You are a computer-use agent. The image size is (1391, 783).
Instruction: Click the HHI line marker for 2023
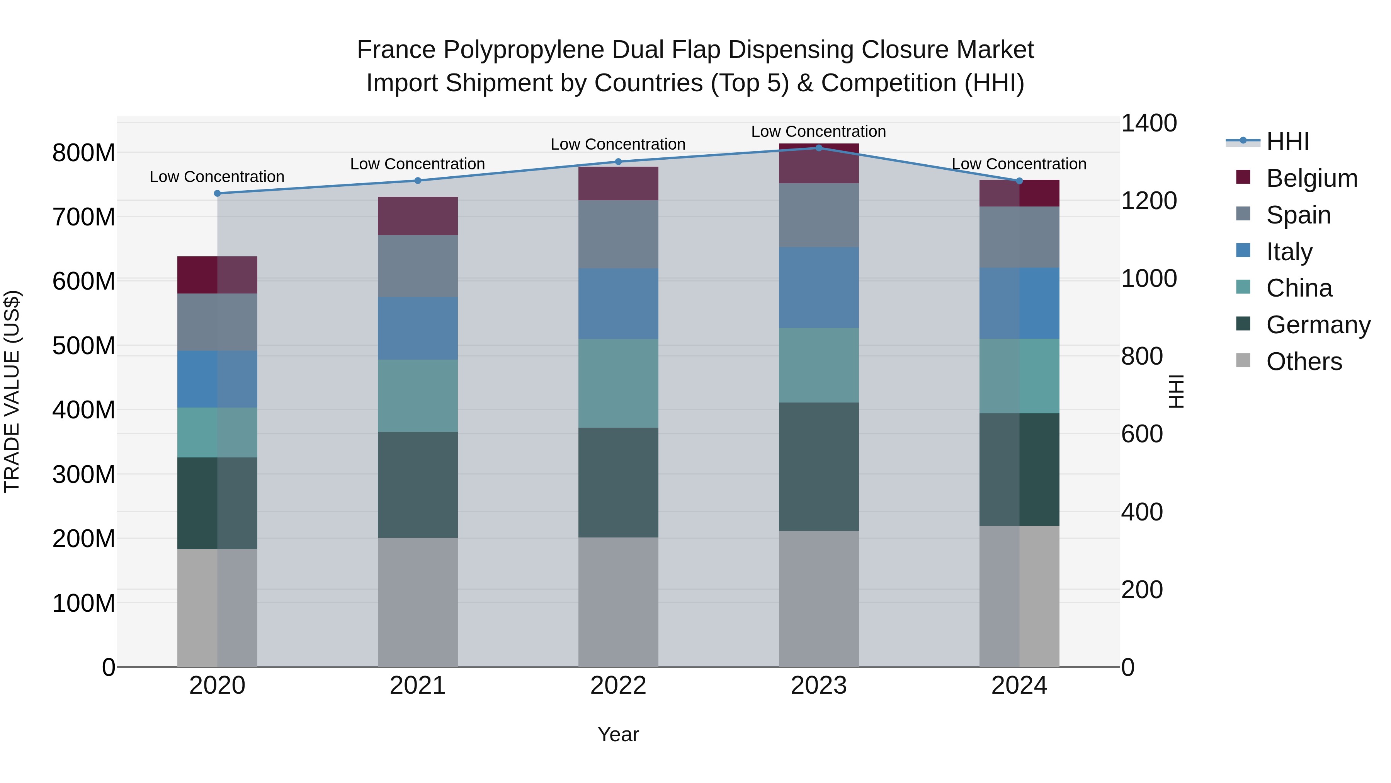(x=819, y=148)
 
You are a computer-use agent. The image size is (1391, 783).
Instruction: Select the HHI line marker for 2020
(x=217, y=193)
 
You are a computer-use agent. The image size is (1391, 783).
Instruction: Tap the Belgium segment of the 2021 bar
(x=417, y=216)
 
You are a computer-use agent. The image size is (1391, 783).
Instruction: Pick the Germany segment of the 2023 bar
(x=819, y=466)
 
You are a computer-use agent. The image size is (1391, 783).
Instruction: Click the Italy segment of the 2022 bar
(x=618, y=304)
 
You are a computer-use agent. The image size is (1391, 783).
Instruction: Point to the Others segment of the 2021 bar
(x=417, y=602)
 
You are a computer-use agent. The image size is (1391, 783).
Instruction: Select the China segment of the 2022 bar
(x=618, y=383)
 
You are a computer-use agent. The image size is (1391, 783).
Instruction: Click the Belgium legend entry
(x=1311, y=178)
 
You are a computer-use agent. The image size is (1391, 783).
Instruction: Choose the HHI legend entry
(x=1287, y=142)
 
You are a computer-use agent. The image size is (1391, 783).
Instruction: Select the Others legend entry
(x=1304, y=362)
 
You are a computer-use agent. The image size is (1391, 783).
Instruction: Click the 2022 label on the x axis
(x=618, y=686)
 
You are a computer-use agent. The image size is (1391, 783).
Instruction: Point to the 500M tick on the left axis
(x=84, y=346)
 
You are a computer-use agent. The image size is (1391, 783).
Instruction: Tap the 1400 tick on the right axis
(x=1149, y=123)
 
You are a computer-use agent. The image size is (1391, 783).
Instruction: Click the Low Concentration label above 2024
(x=1019, y=164)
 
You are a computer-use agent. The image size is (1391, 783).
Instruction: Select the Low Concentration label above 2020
(x=217, y=177)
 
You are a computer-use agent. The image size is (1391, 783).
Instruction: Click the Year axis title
(x=618, y=734)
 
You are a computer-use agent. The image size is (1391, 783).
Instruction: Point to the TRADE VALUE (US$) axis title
(x=12, y=391)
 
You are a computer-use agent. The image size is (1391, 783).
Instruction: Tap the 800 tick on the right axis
(x=1141, y=357)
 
